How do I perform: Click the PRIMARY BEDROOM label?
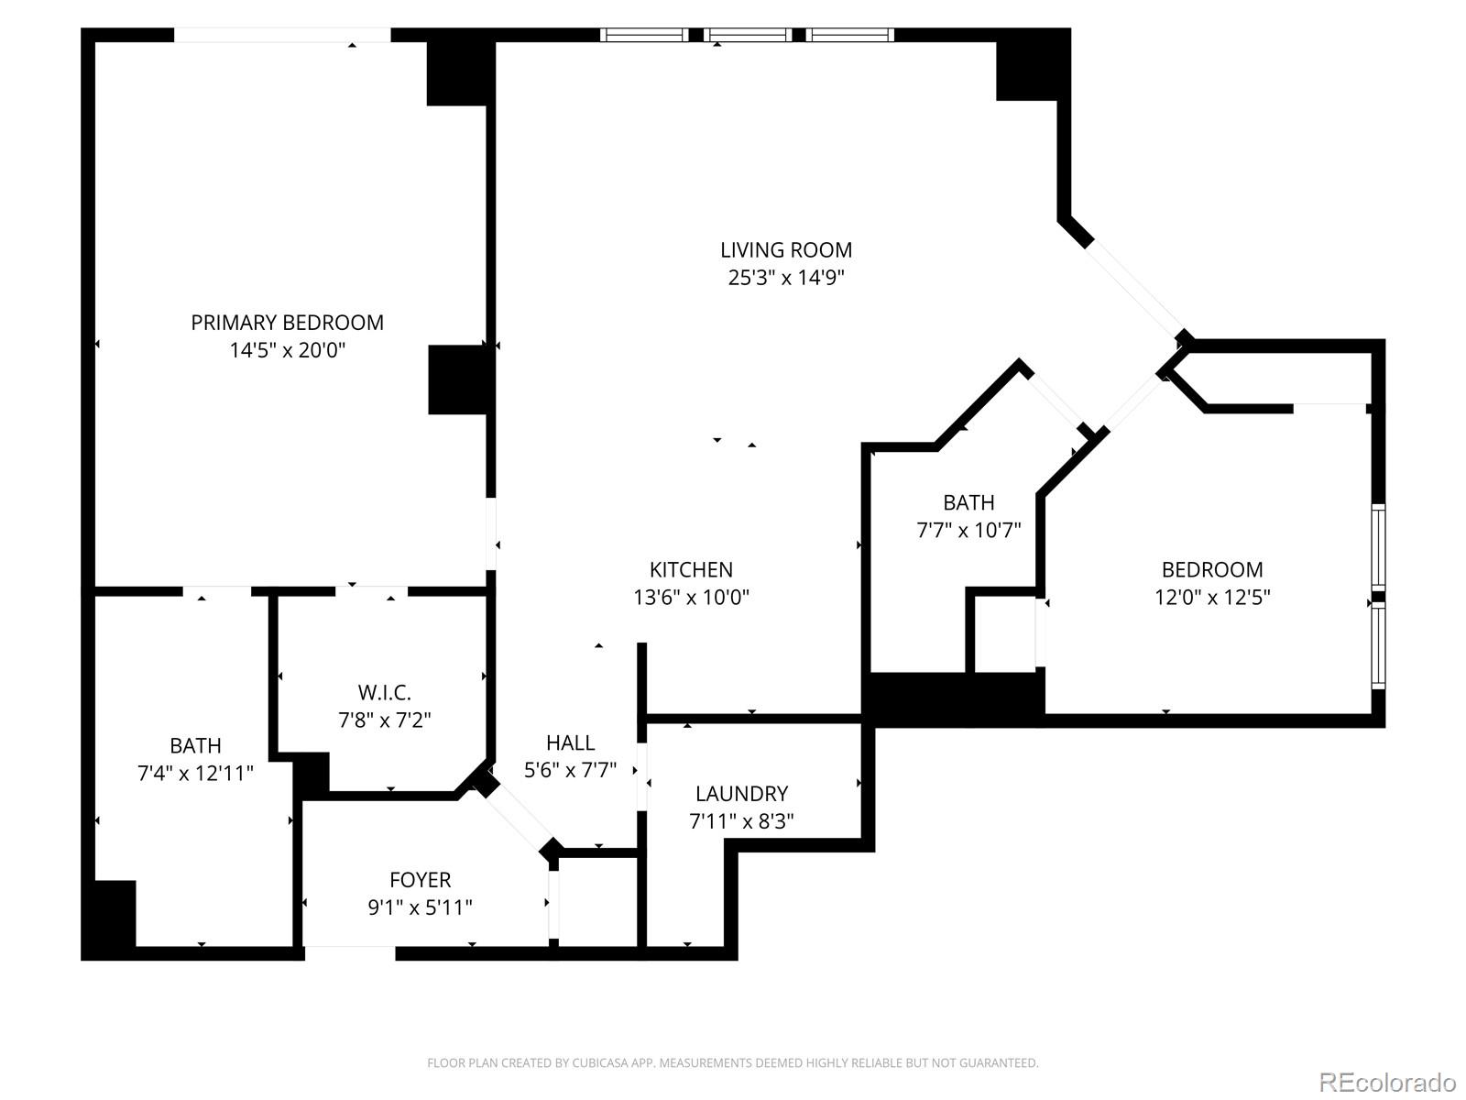[x=287, y=323]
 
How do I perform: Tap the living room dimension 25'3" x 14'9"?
[x=785, y=278]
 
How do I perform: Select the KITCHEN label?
[x=691, y=569]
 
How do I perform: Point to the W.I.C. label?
[x=384, y=692]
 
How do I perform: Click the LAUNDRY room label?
[x=741, y=794]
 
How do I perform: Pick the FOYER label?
[x=420, y=880]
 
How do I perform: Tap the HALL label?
[x=570, y=742]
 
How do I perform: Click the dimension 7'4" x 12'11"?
[x=195, y=774]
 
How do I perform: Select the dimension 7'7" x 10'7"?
[x=968, y=530]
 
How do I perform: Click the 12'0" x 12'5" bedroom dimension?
[x=1211, y=598]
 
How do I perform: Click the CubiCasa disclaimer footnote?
[x=732, y=1063]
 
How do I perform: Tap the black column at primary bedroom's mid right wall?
[x=457, y=379]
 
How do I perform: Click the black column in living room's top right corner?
[x=1031, y=69]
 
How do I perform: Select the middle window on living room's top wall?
[x=747, y=35]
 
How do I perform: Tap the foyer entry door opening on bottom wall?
[x=349, y=952]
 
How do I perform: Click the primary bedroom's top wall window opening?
[x=282, y=35]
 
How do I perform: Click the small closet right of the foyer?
[x=596, y=898]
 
